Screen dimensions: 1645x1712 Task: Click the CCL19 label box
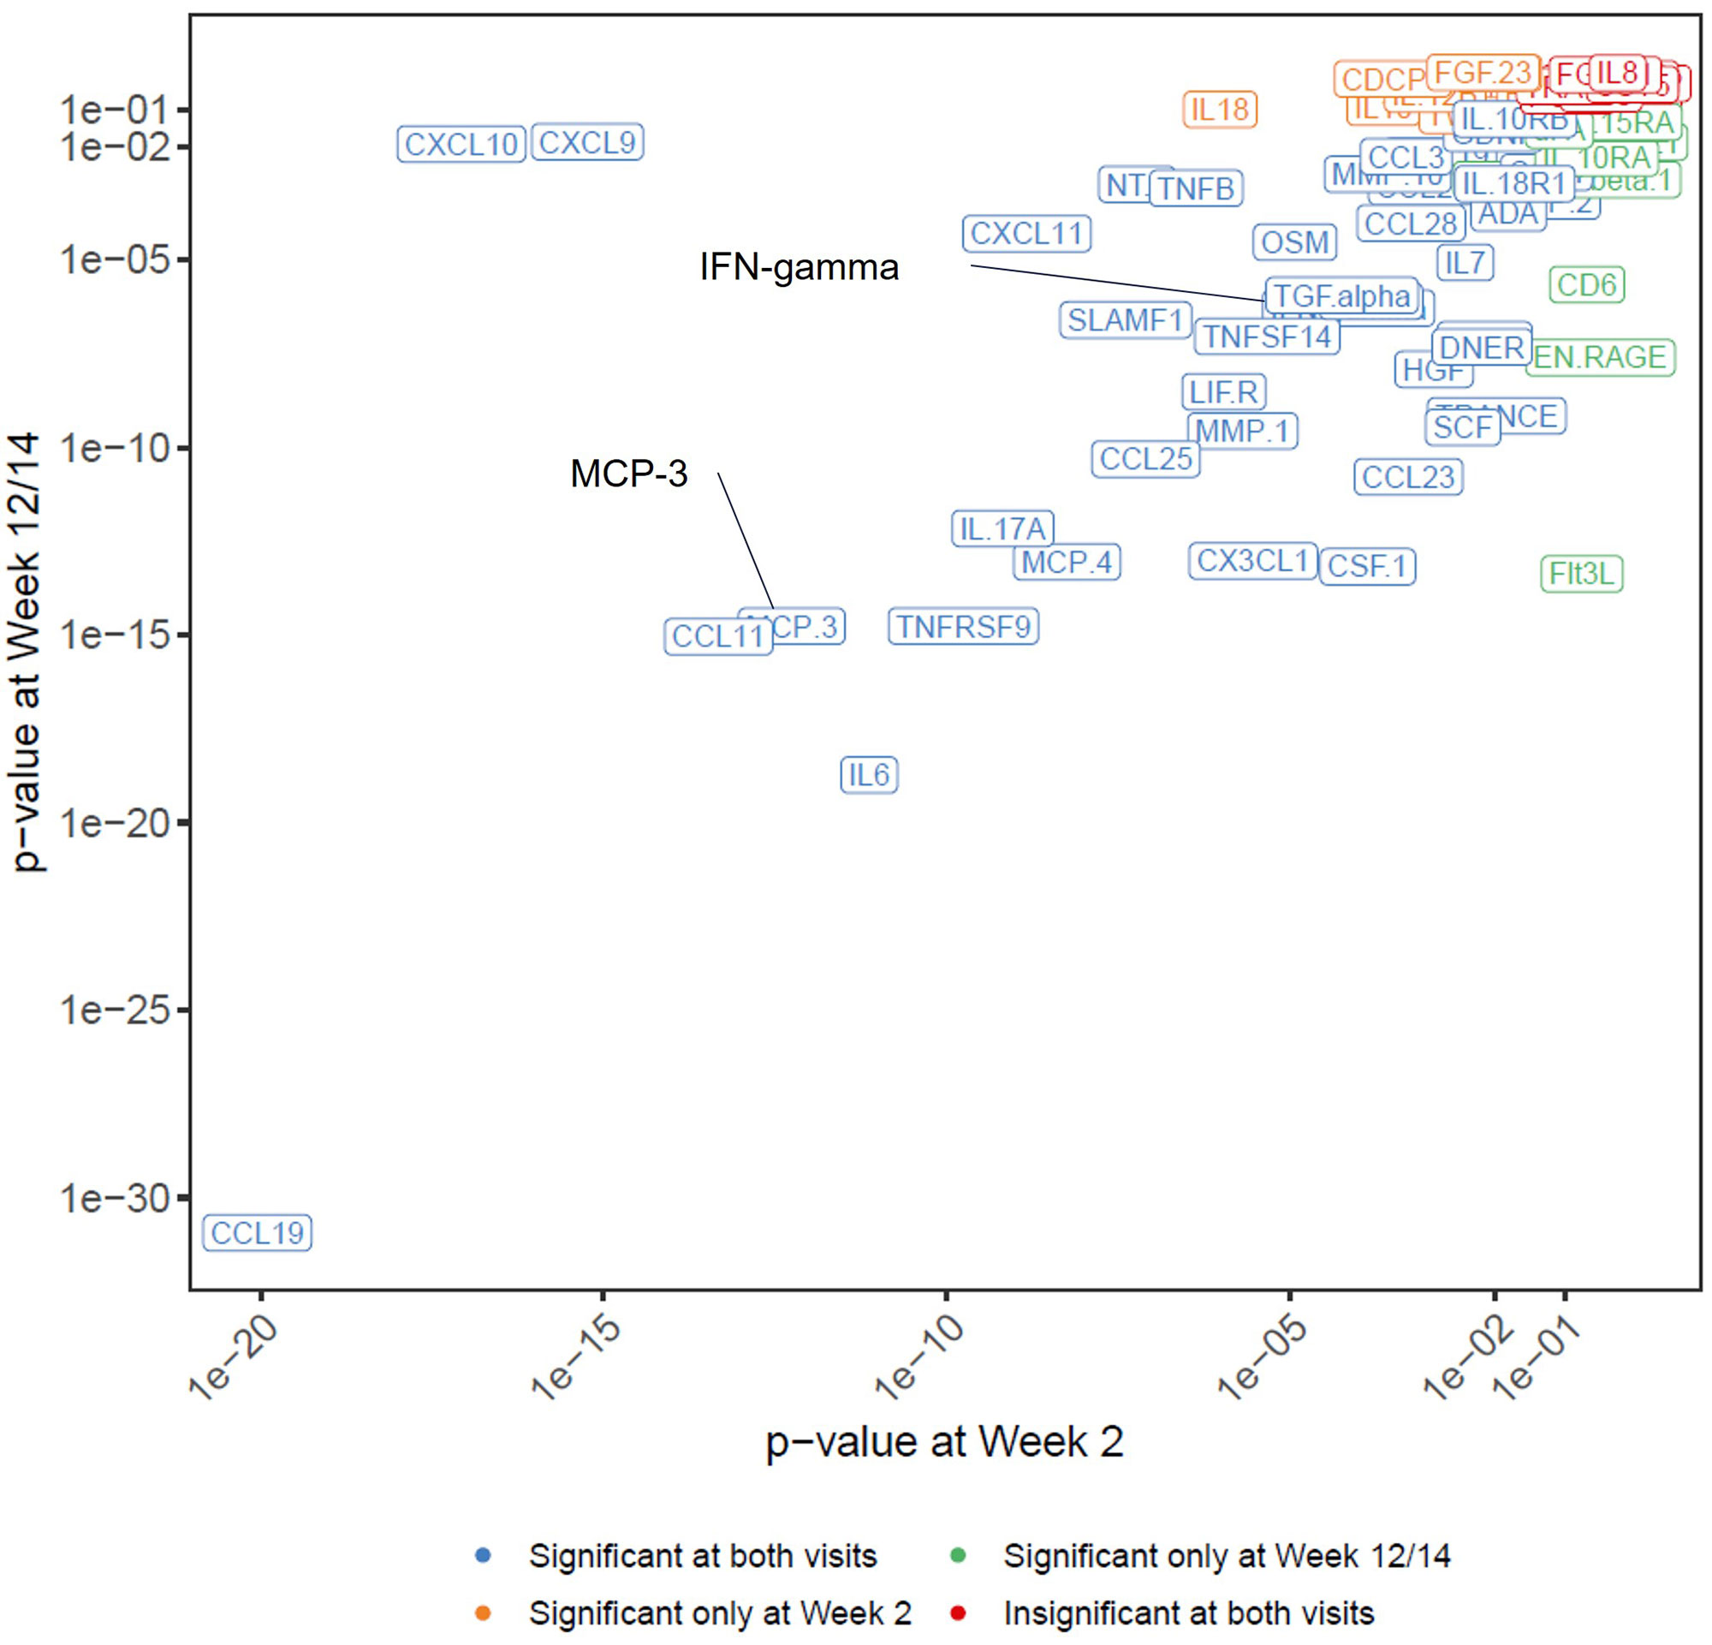(257, 1232)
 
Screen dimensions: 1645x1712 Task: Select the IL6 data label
(869, 775)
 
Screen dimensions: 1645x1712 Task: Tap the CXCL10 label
(461, 144)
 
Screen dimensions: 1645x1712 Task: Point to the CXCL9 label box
(587, 142)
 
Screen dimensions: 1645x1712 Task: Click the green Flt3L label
(1581, 574)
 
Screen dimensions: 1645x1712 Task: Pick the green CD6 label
(1586, 285)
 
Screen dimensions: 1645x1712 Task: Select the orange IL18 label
(1219, 110)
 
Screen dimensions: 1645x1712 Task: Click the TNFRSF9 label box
(964, 626)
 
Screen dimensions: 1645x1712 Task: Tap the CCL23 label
(1408, 477)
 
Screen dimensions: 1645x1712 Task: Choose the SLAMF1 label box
(1125, 319)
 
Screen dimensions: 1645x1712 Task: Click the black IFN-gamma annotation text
(799, 267)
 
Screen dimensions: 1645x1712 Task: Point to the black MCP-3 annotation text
(629, 474)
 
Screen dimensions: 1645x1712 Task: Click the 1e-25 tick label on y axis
(115, 1010)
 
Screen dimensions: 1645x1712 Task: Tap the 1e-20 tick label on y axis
(115, 823)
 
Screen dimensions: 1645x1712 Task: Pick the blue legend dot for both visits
(483, 1556)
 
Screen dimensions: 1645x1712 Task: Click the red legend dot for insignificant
(957, 1612)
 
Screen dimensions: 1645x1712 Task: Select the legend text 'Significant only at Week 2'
(720, 1612)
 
